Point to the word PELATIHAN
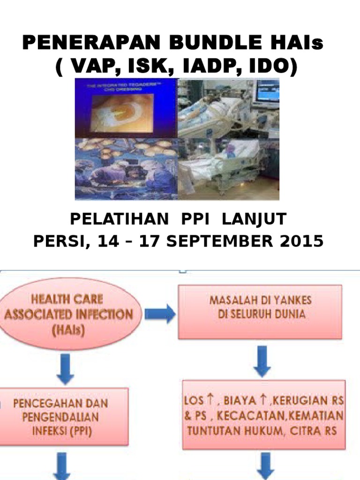coord(119,219)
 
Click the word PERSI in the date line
coord(56,241)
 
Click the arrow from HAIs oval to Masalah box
coord(160,314)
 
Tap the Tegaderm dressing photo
coord(126,108)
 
